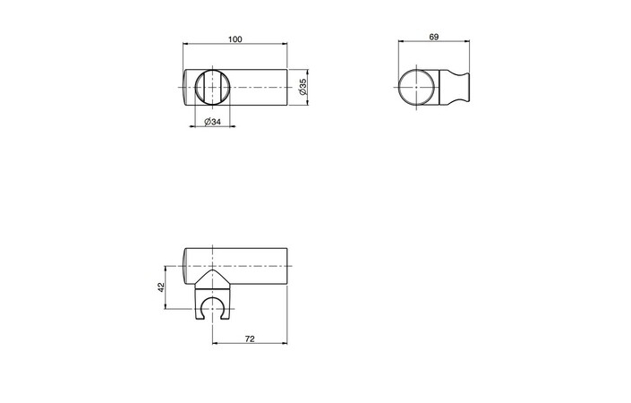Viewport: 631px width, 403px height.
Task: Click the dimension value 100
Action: coord(234,39)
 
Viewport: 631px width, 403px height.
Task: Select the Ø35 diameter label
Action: coord(303,86)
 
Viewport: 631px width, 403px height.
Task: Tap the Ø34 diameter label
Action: coord(212,122)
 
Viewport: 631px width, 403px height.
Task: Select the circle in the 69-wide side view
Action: coord(417,86)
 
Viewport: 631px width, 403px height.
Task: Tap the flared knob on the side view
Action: coord(459,86)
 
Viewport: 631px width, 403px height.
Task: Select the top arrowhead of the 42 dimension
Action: coord(166,268)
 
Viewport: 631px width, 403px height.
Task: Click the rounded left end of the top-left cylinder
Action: coord(186,86)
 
